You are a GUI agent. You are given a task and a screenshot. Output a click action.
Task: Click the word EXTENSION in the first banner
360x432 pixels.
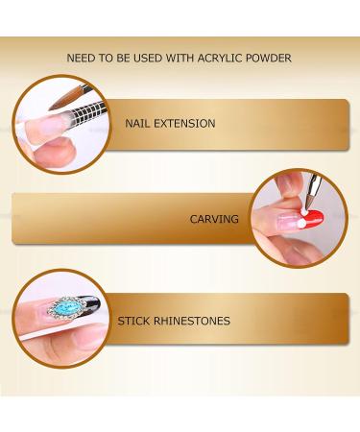coord(185,125)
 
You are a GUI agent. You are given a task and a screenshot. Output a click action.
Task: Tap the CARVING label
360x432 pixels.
coord(215,219)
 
